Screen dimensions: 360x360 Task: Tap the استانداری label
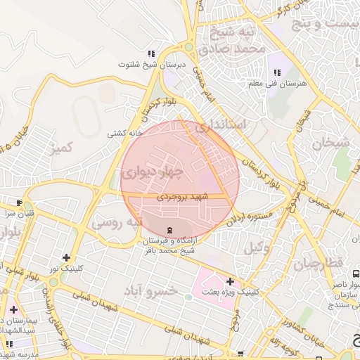coord(221,126)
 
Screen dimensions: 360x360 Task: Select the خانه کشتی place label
coord(125,133)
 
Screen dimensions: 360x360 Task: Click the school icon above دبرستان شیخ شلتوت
coord(150,53)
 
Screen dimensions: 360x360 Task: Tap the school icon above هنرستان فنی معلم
coord(276,72)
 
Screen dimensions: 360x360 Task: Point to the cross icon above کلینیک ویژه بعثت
coord(229,281)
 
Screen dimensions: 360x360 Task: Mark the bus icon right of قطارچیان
coord(356,272)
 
